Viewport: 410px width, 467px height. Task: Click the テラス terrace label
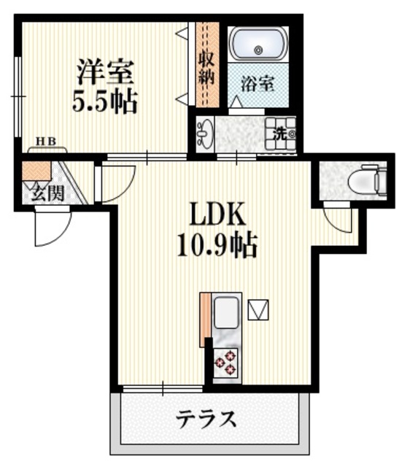pyautogui.click(x=207, y=420)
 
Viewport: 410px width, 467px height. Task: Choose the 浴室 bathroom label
pyautogui.click(x=258, y=84)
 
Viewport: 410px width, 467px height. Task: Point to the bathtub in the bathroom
pyautogui.click(x=258, y=45)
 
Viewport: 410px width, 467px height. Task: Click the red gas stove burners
pyautogui.click(x=225, y=363)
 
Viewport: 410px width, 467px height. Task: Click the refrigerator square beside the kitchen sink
pyautogui.click(x=259, y=310)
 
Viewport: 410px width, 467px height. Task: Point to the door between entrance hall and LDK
pyautogui.click(x=117, y=182)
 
